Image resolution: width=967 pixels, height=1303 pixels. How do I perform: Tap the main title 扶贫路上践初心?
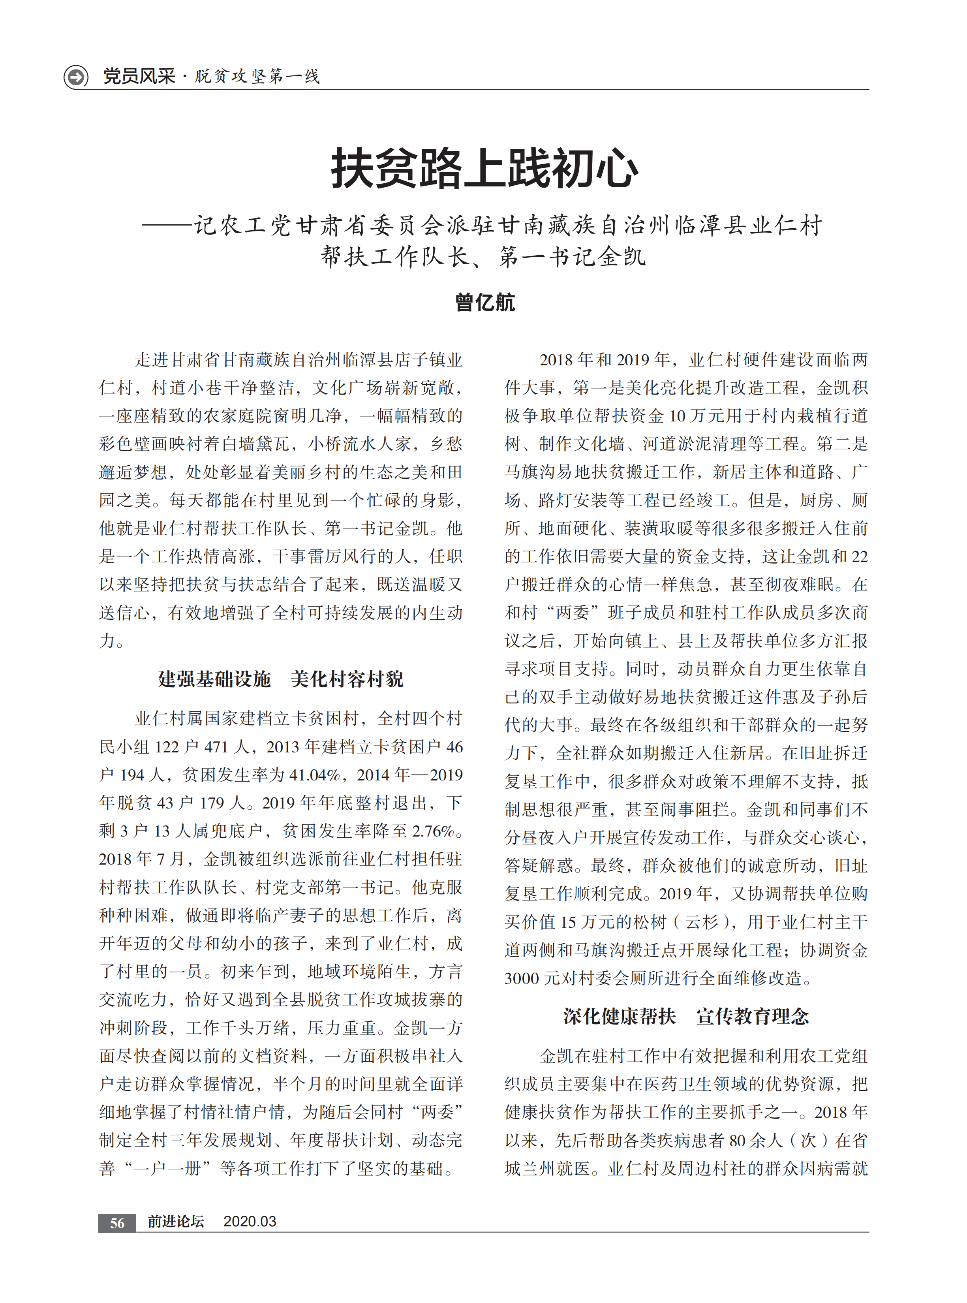[484, 169]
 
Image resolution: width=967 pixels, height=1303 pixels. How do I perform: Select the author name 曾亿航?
[484, 303]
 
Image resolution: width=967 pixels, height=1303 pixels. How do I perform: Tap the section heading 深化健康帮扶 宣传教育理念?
[686, 1016]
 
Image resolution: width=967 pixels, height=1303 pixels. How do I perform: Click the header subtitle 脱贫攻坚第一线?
[257, 76]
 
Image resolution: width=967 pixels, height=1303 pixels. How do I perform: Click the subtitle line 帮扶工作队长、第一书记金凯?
[483, 256]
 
